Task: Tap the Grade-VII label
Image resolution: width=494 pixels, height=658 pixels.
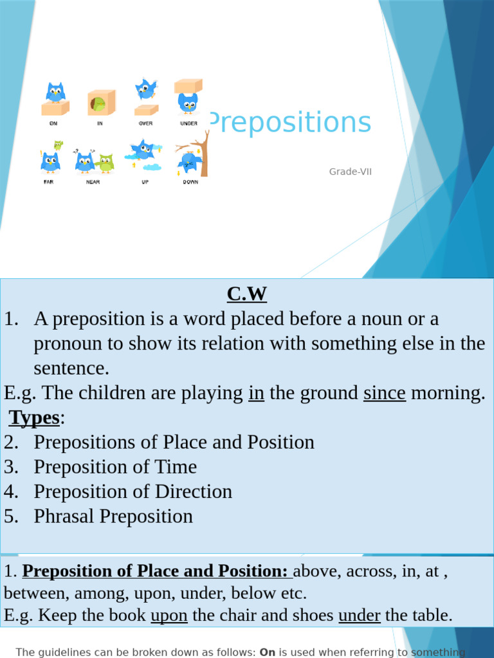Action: click(x=351, y=172)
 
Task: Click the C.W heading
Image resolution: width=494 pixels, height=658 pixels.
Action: click(x=246, y=294)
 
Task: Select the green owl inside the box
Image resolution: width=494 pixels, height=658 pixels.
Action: click(x=98, y=103)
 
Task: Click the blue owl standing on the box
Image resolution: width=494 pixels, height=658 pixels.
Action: click(x=55, y=93)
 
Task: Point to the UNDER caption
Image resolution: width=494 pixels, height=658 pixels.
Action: click(x=188, y=123)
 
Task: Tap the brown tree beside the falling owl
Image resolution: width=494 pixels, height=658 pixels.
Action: click(x=203, y=154)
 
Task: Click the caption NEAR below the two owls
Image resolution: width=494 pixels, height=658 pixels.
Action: click(x=93, y=182)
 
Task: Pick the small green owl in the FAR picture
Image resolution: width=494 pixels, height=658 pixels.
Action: click(x=58, y=145)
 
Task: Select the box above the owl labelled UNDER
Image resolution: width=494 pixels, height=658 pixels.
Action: click(x=188, y=85)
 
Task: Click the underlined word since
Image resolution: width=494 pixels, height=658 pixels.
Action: click(x=384, y=393)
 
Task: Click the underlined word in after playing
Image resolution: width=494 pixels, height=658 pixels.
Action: click(x=256, y=393)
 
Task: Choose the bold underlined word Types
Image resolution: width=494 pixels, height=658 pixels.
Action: click(x=34, y=418)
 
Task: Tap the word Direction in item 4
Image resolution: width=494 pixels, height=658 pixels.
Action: click(x=194, y=492)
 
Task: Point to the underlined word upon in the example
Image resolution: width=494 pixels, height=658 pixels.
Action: click(x=169, y=615)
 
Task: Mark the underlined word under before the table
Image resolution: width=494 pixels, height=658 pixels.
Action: click(x=359, y=615)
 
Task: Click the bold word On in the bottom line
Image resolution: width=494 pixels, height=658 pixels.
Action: click(x=267, y=652)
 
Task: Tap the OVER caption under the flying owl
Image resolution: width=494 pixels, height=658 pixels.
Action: click(x=145, y=123)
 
